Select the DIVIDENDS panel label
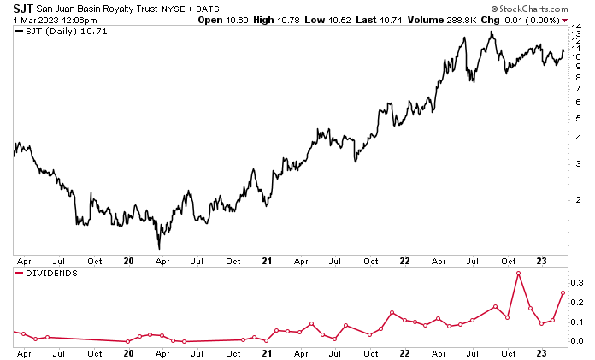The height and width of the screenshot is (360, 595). [52, 274]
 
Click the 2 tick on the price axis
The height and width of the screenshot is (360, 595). [577, 199]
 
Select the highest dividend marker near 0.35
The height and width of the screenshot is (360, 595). [519, 273]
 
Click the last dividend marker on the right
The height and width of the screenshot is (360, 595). [563, 292]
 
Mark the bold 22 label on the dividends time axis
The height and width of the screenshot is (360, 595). [404, 351]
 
